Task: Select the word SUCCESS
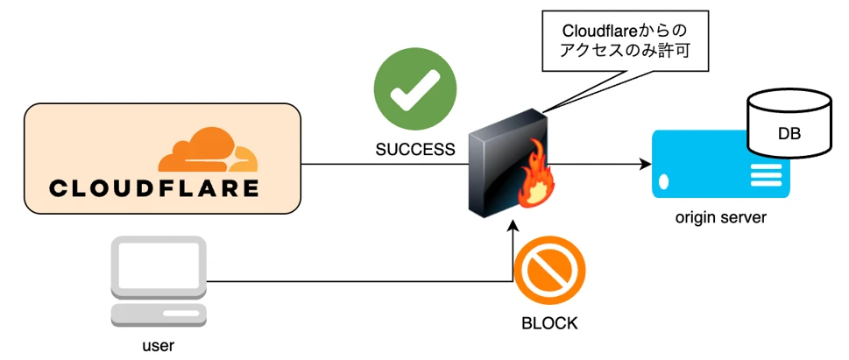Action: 415,150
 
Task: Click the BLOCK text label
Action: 549,323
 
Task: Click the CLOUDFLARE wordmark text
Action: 154,188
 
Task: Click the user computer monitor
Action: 158,266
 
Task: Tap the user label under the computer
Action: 158,345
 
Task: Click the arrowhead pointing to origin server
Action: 645,164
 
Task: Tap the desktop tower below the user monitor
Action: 158,314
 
